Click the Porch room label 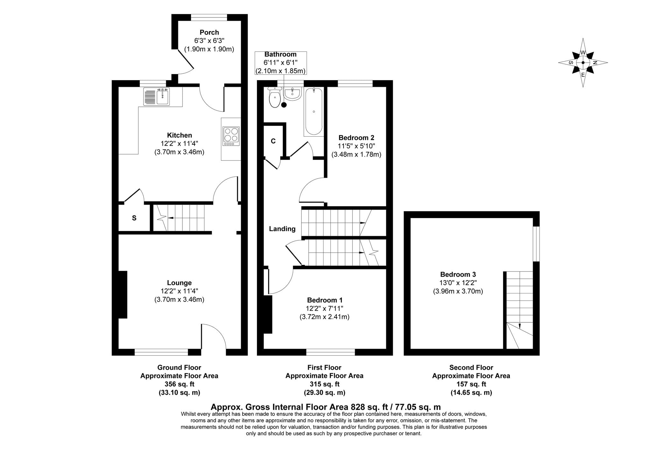tap(209, 32)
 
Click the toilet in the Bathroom tap(274, 97)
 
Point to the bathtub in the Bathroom tap(314, 111)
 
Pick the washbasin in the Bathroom tap(292, 94)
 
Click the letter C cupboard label tap(273, 141)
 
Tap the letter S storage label tap(134, 218)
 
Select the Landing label tap(282, 229)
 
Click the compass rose tap(583, 63)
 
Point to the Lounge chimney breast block tap(123, 294)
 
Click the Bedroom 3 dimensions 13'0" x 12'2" tap(458, 283)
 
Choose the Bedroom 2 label tap(356, 138)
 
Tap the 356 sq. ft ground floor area tap(179, 384)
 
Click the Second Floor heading tap(471, 367)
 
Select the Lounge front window tap(161, 352)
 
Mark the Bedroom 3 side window tap(536, 244)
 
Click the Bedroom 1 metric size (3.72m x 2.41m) tap(324, 317)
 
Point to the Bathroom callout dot tap(284, 105)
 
